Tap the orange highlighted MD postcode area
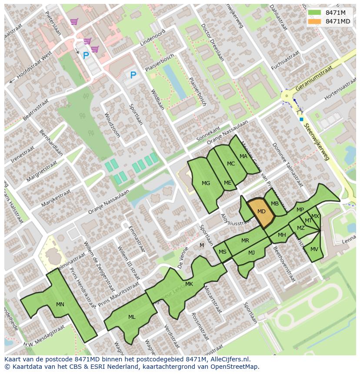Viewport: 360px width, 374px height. coord(261,212)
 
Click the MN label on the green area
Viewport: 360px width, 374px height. coord(60,304)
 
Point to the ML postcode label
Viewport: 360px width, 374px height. coord(132,317)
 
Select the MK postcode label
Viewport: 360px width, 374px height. coord(189,284)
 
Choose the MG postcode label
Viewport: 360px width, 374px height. coord(206,183)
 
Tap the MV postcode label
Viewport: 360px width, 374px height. coord(314,249)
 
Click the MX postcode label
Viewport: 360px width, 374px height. coord(315,216)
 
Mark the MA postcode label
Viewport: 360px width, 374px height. coord(243,156)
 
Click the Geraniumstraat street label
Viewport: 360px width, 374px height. coord(313,79)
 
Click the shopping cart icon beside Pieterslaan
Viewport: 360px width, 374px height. coord(74,21)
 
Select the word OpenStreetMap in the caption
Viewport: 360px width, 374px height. coord(234,367)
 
